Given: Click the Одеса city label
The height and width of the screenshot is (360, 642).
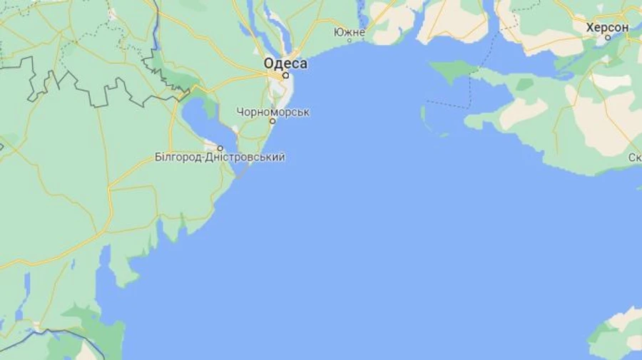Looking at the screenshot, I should tap(285, 63).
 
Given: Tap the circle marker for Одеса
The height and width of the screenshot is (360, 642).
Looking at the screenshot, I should tap(285, 75).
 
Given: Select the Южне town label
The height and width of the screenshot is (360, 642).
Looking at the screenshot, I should tap(350, 32).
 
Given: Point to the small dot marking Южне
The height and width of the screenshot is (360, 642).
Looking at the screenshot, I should tap(350, 41).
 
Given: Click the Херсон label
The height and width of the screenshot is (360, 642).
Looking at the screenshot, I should tap(607, 27).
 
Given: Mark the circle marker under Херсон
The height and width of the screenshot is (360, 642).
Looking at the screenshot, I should tap(608, 37).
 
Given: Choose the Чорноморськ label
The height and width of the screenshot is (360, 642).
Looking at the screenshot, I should tap(273, 112).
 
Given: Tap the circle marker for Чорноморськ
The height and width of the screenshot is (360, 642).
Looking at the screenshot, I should tap(272, 121).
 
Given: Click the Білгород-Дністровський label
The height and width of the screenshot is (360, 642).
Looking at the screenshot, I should tap(220, 157).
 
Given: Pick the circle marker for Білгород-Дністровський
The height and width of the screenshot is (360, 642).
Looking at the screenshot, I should tap(219, 148).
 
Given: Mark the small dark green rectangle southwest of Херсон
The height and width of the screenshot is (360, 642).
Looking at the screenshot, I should tap(525, 84).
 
